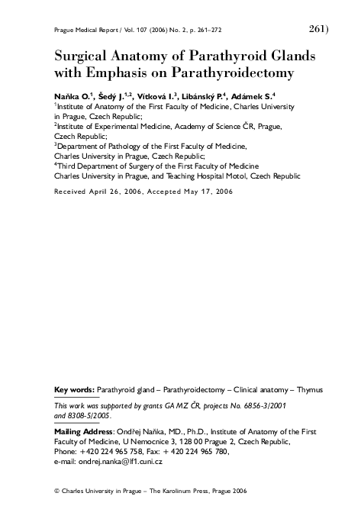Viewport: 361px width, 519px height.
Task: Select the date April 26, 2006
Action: tap(109, 192)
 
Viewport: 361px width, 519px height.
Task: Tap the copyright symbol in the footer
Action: tap(57, 492)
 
